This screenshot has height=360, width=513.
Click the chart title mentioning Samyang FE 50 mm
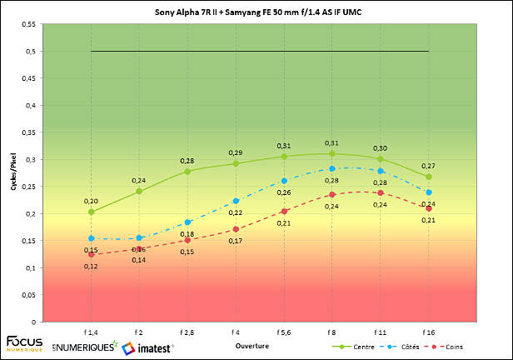[256, 13]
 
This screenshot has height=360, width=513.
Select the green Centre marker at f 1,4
[91, 212]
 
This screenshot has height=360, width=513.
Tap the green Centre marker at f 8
[332, 153]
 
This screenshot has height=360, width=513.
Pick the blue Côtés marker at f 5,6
[284, 181]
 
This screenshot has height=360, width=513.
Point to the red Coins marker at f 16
[429, 208]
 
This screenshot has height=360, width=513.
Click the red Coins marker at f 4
[236, 229]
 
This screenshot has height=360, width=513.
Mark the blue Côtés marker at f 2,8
[187, 222]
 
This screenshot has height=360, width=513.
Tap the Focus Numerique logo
[25, 343]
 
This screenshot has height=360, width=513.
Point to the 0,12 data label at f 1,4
[90, 266]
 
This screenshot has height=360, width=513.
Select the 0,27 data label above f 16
[429, 165]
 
